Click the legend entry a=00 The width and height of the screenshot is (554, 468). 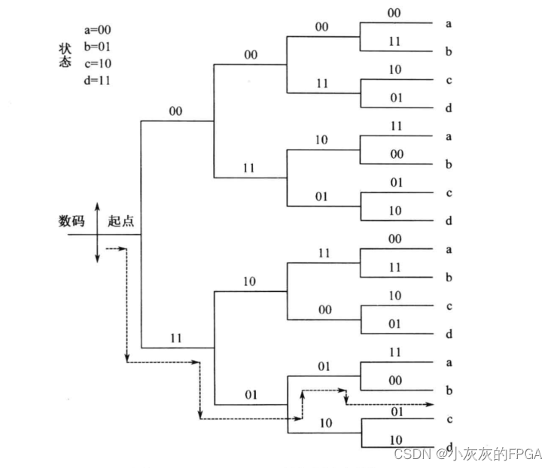tap(98, 30)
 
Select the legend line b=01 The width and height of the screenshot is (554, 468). tap(98, 47)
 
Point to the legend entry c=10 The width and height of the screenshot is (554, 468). tap(98, 63)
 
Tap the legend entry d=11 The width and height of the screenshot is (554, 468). tap(98, 81)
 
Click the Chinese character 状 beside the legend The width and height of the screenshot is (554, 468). tap(65, 47)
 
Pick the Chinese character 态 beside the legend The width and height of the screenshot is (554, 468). tap(65, 62)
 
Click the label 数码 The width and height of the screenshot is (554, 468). tap(72, 221)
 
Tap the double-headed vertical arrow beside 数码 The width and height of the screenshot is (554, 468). tap(98, 232)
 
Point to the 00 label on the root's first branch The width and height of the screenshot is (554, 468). tap(175, 111)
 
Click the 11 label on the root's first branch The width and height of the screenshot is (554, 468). tap(178, 339)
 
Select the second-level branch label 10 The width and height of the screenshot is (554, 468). tap(249, 281)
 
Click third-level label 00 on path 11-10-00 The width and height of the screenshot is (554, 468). tap(324, 308)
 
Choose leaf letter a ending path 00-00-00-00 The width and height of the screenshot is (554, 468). tap(449, 23)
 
